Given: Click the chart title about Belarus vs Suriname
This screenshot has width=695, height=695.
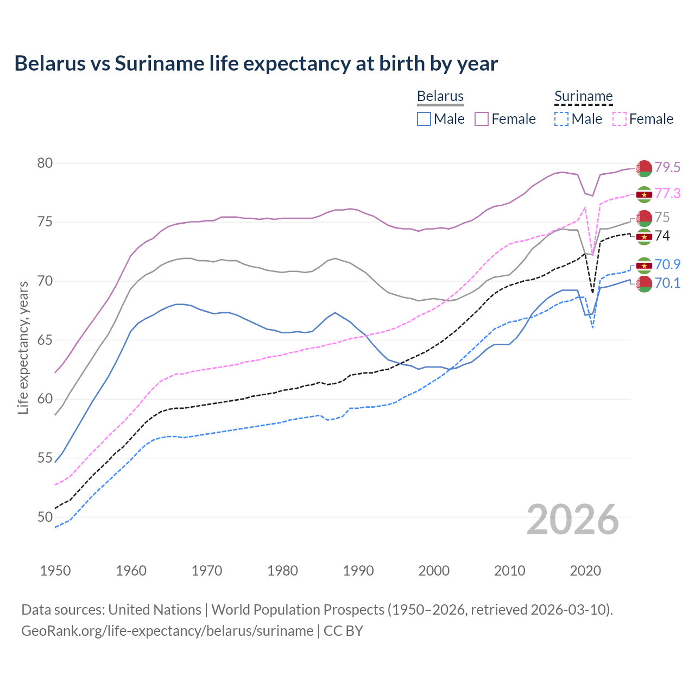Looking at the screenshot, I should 256,64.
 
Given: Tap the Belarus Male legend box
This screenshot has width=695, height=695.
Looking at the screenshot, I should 424,119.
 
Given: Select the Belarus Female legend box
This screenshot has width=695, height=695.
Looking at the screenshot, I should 482,119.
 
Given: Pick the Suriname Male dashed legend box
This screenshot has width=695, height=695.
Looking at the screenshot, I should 561,119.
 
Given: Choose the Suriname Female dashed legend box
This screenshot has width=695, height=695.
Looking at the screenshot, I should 620,119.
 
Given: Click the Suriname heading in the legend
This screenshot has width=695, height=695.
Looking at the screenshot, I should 583,96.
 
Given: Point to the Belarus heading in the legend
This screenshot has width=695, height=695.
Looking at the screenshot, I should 440,96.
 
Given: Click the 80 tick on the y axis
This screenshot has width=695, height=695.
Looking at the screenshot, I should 45,163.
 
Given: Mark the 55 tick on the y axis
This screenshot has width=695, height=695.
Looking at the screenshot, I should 45,458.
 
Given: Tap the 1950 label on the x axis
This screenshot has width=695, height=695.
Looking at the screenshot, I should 55,571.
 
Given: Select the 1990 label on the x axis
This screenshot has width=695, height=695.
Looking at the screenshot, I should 358,571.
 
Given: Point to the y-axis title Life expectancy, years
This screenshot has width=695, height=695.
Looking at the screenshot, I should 23,347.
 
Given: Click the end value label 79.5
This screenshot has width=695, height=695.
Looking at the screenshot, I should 667,168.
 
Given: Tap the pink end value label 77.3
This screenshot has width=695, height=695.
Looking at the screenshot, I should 667,194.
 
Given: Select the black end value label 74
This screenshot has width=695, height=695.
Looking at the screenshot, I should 662,236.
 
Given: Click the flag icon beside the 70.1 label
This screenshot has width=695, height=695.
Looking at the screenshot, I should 644,283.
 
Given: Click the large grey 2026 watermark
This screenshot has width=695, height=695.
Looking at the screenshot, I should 572,520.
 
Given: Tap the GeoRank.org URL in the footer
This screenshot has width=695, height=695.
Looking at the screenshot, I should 167,631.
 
